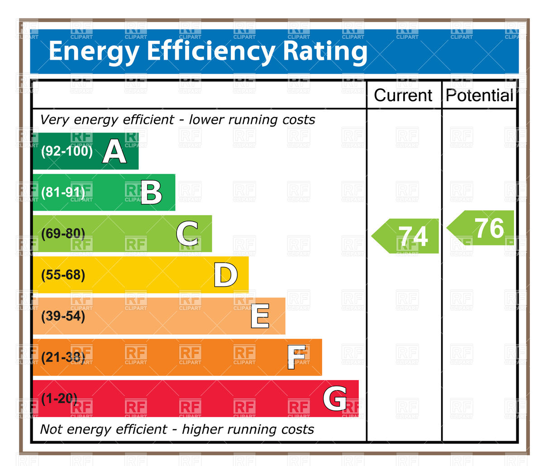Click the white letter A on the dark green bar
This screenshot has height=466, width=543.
click(114, 151)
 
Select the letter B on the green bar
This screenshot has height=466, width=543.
click(151, 193)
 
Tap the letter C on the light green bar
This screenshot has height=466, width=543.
click(187, 233)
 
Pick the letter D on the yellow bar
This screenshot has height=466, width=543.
click(225, 275)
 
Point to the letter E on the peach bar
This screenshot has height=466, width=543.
click(260, 316)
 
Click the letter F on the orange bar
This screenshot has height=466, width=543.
click(297, 358)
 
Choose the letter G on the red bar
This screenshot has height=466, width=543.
click(335, 399)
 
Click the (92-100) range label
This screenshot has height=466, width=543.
click(67, 151)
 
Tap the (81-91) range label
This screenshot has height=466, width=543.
click(63, 193)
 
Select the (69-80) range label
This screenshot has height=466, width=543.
click(63, 234)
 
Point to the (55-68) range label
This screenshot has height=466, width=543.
click(63, 275)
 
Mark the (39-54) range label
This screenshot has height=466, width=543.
click(63, 316)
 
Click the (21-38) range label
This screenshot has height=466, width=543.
click(63, 358)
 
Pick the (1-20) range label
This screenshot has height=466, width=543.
click(59, 399)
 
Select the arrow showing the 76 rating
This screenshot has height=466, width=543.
click(481, 228)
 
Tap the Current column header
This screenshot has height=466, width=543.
click(403, 95)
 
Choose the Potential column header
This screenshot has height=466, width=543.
click(479, 95)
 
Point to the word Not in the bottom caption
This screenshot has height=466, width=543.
click(51, 429)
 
